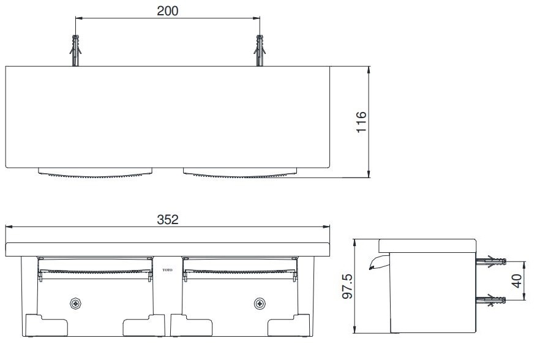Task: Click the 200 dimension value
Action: coord(168,11)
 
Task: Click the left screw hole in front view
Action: coord(75,303)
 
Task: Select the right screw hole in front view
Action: coord(260,303)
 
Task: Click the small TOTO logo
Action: coord(166,269)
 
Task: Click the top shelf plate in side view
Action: coord(427,245)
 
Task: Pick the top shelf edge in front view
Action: coord(168,249)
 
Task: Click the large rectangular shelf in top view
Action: coord(168,116)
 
